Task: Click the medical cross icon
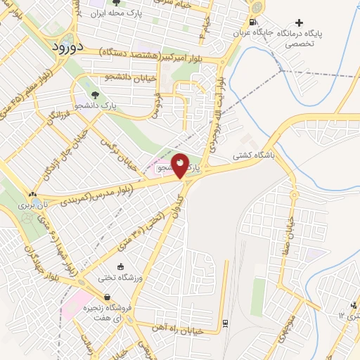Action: pos(301,23)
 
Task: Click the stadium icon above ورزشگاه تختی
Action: pos(121,266)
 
